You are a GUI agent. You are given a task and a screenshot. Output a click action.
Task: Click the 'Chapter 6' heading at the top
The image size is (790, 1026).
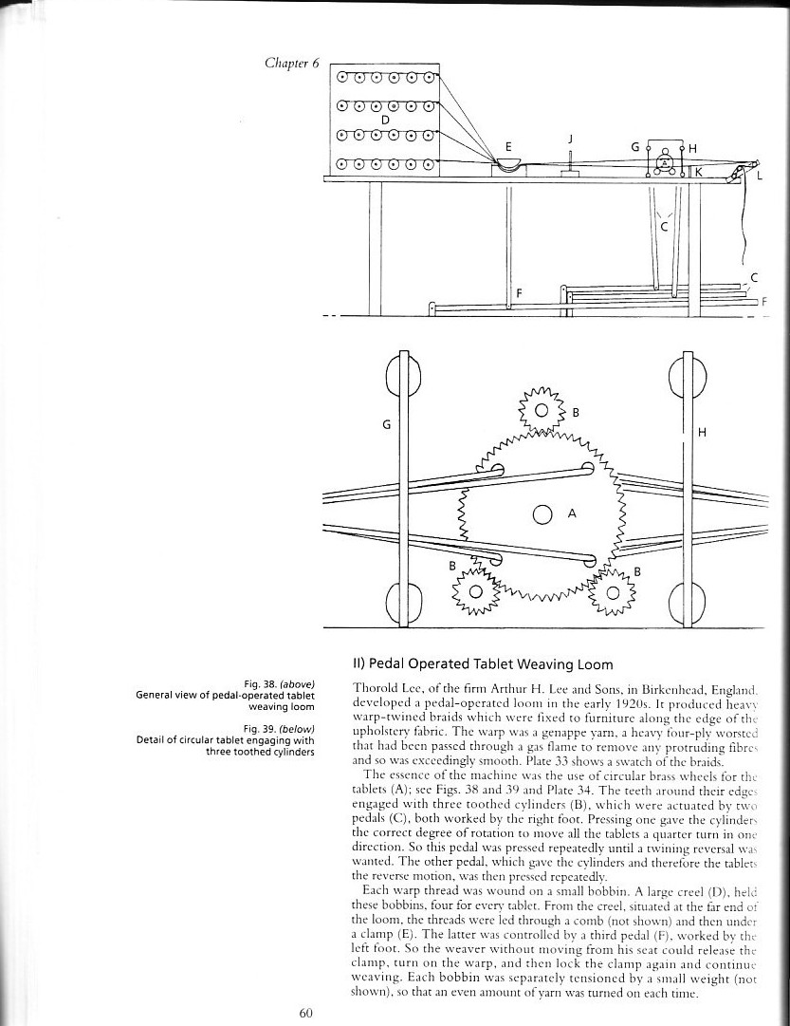293,64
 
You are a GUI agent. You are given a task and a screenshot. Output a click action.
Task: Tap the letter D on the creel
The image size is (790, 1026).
385,120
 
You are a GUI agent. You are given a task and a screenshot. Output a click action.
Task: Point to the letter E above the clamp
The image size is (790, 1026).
508,147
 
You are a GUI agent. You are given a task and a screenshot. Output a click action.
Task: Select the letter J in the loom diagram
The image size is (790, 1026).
570,139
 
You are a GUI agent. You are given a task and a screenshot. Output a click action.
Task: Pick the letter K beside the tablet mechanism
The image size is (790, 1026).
697,172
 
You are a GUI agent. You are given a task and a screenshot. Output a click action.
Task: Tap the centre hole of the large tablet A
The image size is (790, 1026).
542,514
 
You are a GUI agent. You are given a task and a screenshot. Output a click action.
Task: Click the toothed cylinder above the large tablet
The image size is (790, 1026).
542,411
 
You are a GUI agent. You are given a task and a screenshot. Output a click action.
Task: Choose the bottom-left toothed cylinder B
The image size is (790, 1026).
477,593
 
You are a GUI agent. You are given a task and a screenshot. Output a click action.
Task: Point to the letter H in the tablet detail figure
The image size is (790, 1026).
702,433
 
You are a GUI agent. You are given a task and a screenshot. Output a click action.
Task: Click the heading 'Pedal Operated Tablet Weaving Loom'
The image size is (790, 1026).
483,663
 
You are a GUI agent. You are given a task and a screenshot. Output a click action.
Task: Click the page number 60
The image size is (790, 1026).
306,1013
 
